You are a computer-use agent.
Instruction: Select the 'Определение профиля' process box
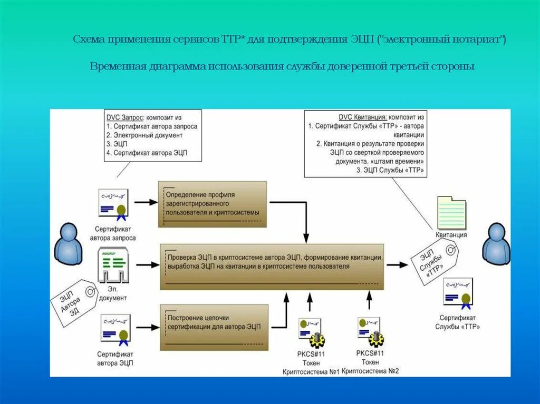tap(213, 204)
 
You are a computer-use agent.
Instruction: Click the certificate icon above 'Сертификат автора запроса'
tap(113, 203)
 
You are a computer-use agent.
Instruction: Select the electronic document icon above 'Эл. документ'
tap(114, 267)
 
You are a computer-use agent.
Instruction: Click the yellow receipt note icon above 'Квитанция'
tap(451, 212)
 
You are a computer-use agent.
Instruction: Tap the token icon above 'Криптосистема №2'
tap(370, 332)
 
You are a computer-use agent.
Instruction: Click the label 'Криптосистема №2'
tap(370, 371)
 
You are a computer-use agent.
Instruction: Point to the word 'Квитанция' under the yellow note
tap(451, 235)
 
